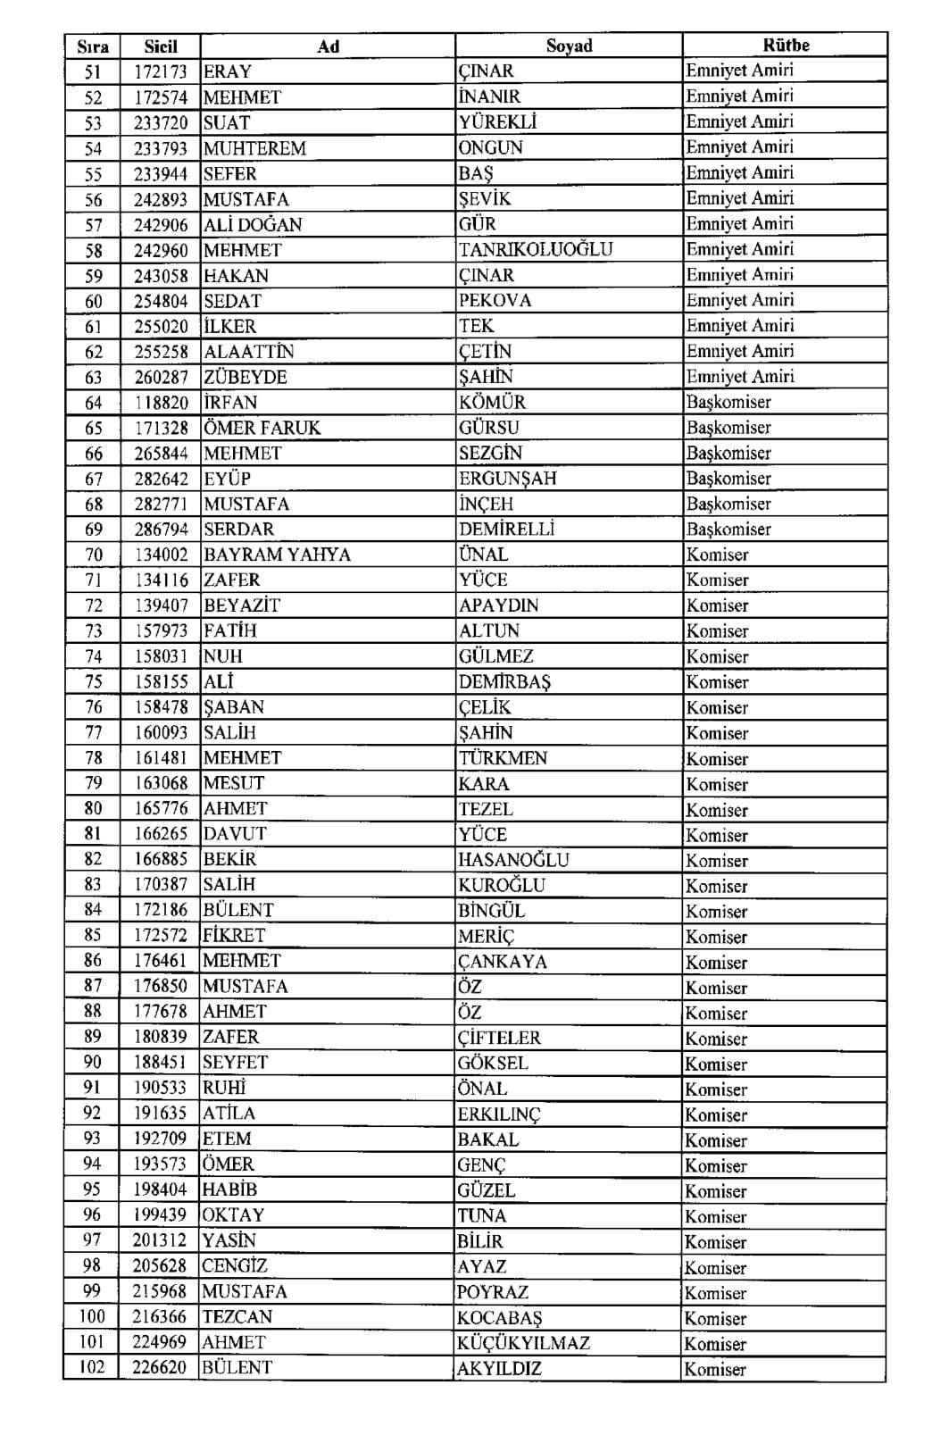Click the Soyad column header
coord(569,46)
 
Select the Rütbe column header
coord(785,45)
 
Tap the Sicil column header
coord(161,46)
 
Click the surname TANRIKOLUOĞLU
coord(536,250)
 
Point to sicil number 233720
coord(161,122)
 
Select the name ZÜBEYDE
coord(246,377)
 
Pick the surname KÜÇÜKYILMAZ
coord(523,1343)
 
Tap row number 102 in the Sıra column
coord(92,1367)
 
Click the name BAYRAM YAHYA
coord(277,555)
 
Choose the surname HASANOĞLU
coord(513,860)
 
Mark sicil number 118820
coord(161,403)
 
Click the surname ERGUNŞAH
coord(507,479)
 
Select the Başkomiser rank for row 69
coord(728,529)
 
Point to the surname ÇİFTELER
coord(499,1038)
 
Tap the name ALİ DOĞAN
coord(253,225)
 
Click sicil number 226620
coord(160,1367)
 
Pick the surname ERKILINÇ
coord(499,1114)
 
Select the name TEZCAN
coord(237,1317)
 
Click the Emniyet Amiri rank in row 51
coord(739,71)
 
